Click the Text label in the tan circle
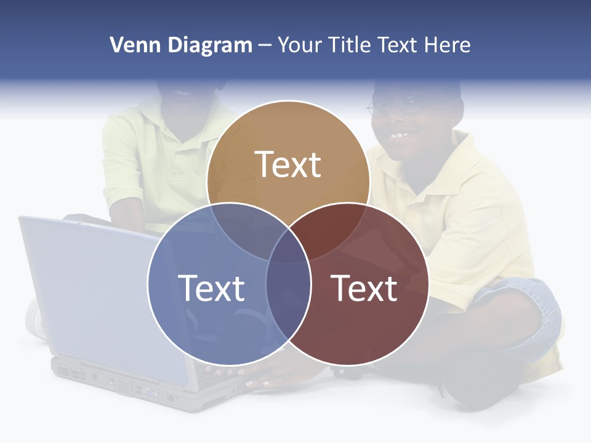(x=288, y=164)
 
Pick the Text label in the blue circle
(x=211, y=288)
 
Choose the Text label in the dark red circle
(x=364, y=288)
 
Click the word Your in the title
(x=300, y=45)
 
